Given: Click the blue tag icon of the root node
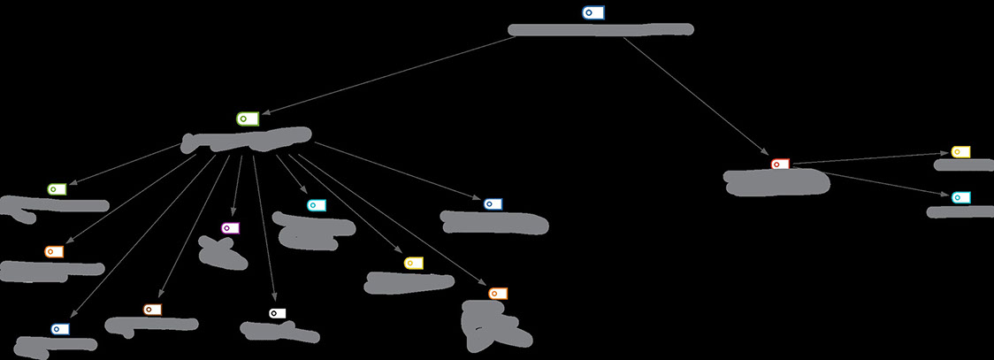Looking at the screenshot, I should point(593,12).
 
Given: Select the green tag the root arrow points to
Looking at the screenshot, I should point(247,119).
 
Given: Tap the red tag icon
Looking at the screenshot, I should point(779,165).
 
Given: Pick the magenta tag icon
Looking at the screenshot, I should point(230,228).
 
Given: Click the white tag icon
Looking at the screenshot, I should point(277,313).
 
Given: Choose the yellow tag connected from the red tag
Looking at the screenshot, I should point(960,152).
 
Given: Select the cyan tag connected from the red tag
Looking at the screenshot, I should point(960,197).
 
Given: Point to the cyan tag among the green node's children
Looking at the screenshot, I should point(317,205).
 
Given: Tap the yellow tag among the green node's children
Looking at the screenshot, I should point(413,263).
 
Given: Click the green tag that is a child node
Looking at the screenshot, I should point(57,189).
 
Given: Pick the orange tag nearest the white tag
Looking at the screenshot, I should point(152,310).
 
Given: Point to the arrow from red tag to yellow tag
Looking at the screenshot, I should point(871,158).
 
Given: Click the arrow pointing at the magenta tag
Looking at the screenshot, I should point(236,186).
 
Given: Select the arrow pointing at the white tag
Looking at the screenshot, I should point(264,230).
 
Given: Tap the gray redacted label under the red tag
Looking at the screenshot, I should point(776,181).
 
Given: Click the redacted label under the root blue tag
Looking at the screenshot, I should point(600,30).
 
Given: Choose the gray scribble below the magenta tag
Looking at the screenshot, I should point(221,252).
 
